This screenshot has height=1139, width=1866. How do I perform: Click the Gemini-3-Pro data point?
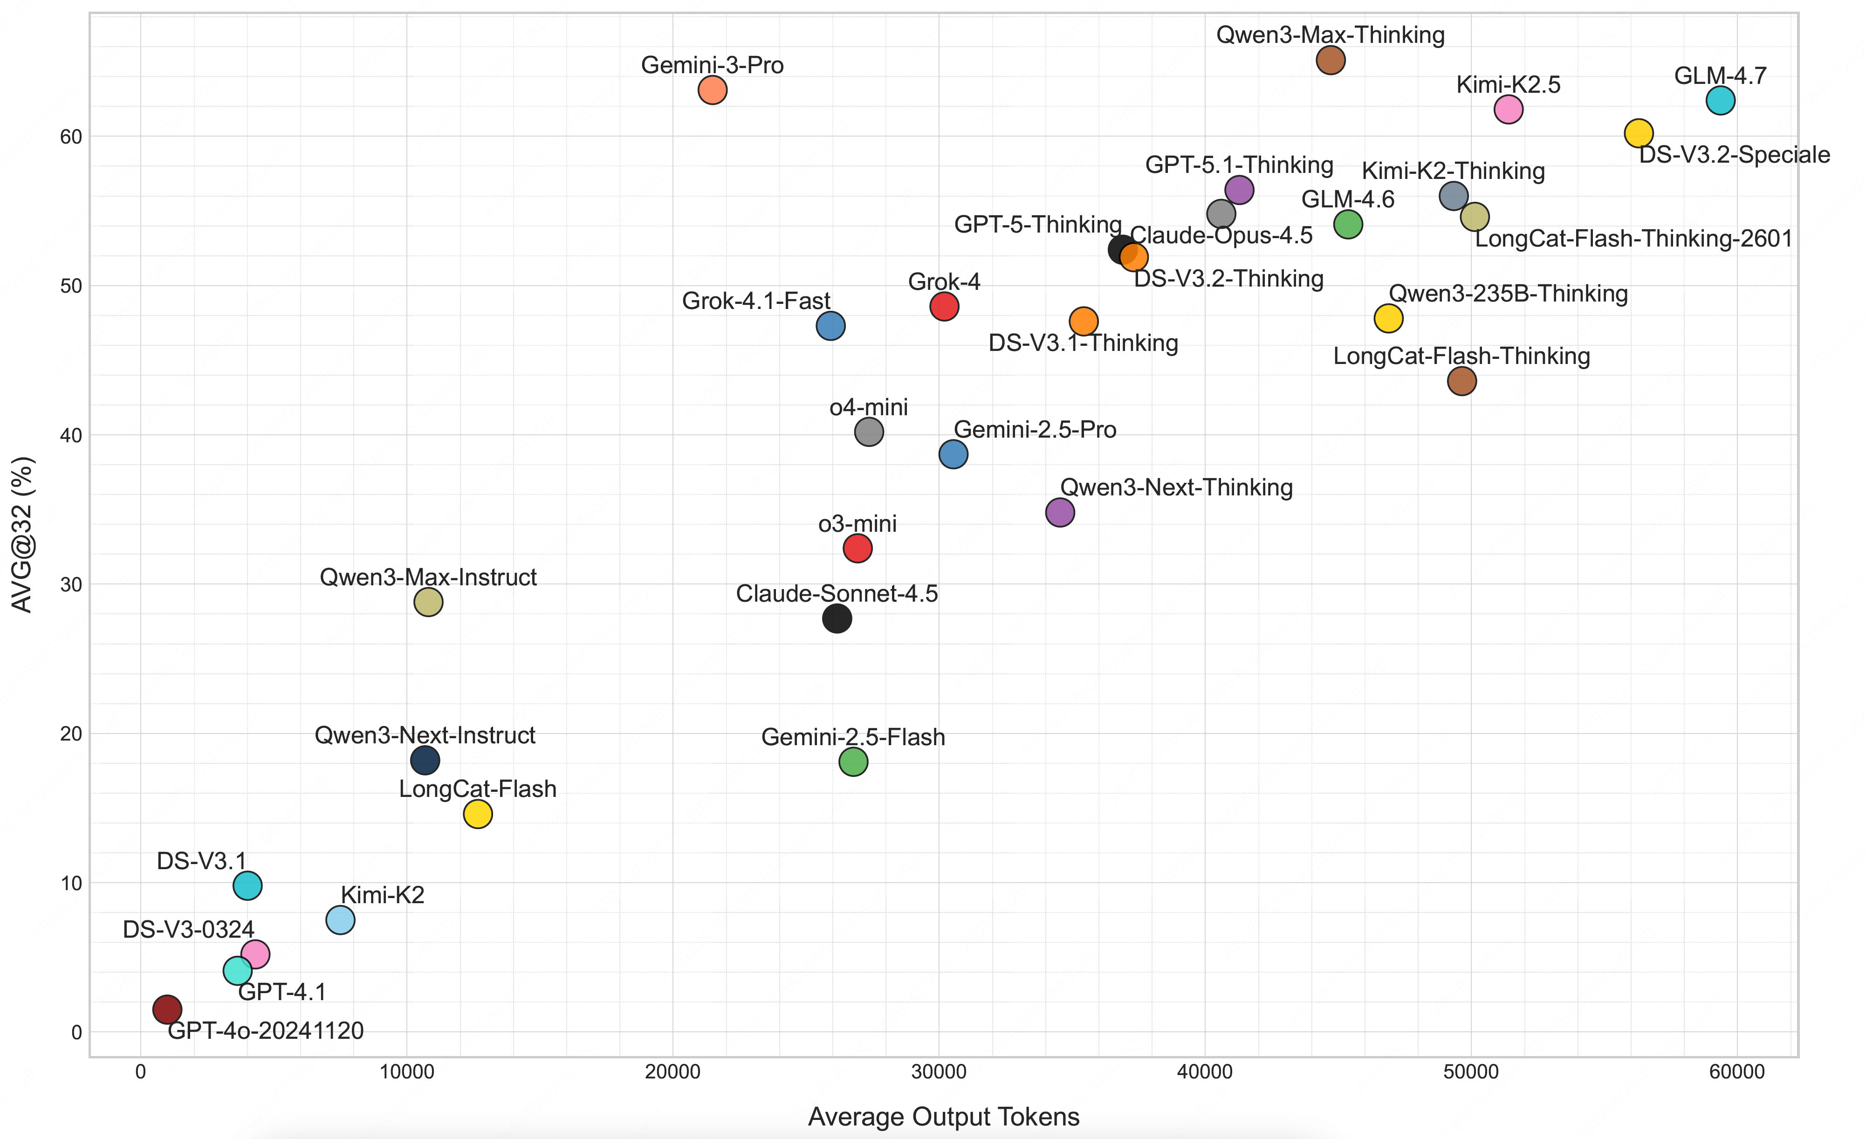click(x=712, y=90)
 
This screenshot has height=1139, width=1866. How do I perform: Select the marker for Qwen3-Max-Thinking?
click(x=1330, y=60)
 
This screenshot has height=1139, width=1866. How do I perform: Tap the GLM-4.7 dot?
click(x=1720, y=100)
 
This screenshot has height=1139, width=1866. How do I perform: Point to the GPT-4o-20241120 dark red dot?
click(x=167, y=1009)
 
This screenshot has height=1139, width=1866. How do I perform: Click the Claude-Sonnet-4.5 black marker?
click(x=836, y=619)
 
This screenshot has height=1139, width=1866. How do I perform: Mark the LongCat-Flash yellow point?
click(x=477, y=814)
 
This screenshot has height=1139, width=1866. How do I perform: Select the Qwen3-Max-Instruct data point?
click(x=428, y=602)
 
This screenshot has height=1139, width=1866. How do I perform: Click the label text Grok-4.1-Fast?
click(x=756, y=302)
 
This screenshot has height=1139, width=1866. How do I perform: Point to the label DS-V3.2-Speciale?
click(x=1734, y=155)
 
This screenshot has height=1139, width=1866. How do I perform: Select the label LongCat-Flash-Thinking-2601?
click(x=1633, y=240)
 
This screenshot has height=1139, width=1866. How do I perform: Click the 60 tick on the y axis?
click(x=71, y=137)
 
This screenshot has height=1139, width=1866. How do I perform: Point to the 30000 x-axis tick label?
click(x=938, y=1072)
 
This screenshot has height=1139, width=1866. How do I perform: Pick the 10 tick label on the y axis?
click(x=71, y=884)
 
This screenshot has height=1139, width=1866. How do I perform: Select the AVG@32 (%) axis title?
click(x=23, y=534)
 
